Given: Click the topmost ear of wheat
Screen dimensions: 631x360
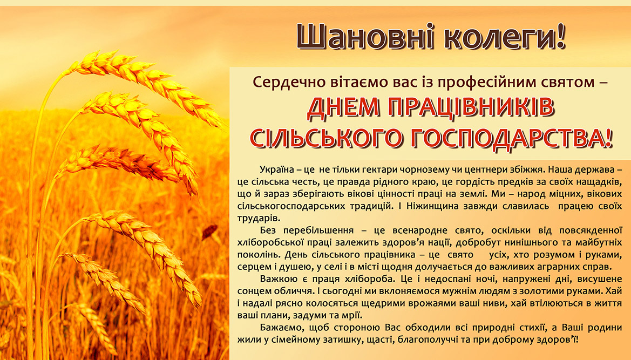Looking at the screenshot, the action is [x=145, y=86].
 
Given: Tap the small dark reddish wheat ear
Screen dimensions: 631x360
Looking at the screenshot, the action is [x=209, y=232].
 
